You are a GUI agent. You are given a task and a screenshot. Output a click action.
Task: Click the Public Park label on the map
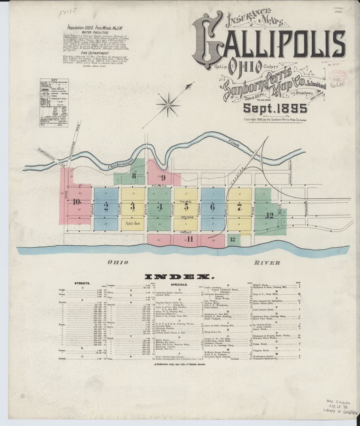(133, 224)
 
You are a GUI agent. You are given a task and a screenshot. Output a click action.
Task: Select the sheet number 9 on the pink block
(163, 176)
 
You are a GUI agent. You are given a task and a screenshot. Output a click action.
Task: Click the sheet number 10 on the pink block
(77, 202)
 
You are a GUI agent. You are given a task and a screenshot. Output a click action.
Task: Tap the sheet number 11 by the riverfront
(190, 239)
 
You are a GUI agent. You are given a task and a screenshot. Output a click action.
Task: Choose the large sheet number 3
(133, 207)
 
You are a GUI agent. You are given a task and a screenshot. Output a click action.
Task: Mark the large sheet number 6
(213, 207)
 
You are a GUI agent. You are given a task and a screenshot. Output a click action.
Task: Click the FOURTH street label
(159, 186)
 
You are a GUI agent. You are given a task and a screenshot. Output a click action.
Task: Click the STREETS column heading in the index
(82, 283)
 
